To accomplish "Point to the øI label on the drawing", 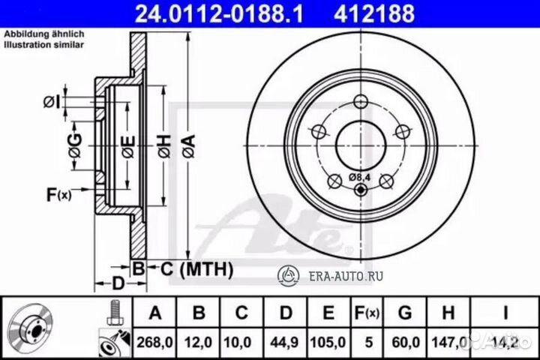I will coord(51,101).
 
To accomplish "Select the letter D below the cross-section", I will coord(118,283).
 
